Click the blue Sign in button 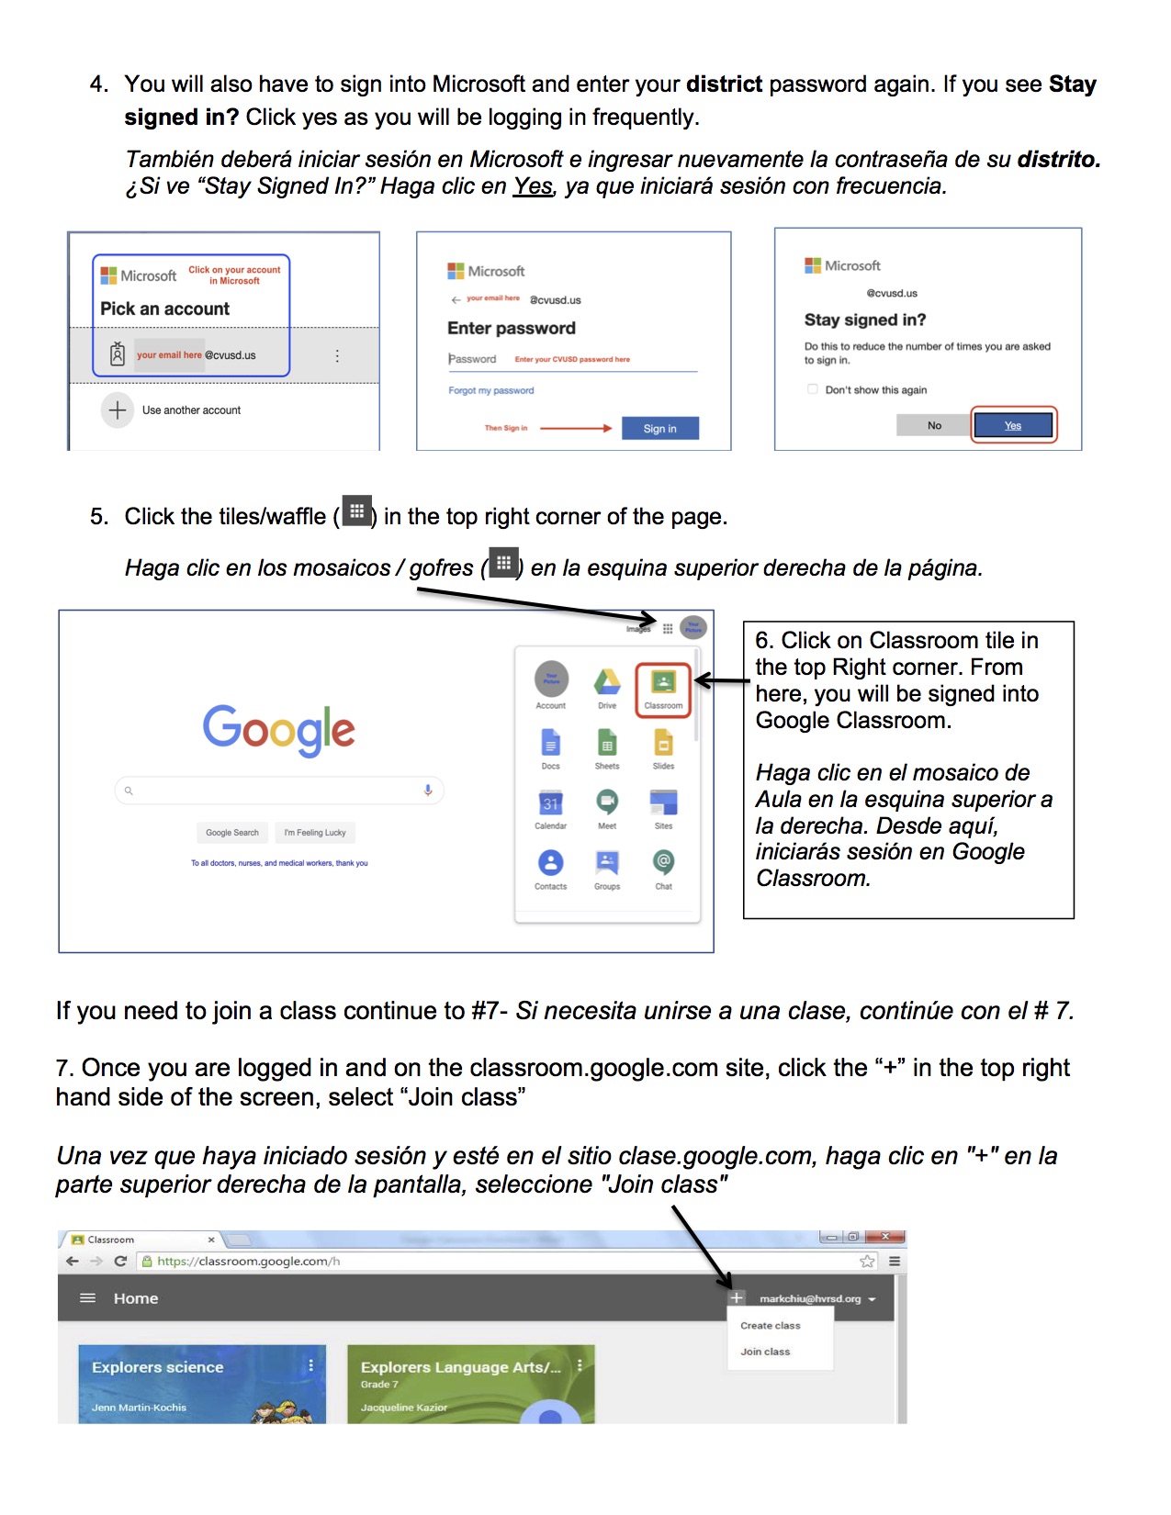pos(659,429)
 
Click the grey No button pos(934,425)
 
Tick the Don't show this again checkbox pos(812,389)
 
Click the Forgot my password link pos(490,390)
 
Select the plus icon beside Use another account pos(118,410)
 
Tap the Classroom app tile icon pos(663,682)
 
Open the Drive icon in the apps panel pos(607,682)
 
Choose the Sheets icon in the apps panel pos(607,742)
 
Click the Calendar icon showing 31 pos(550,802)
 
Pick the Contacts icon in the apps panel pos(550,863)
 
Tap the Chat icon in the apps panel pos(663,862)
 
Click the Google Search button pos(232,833)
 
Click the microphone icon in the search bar pos(428,791)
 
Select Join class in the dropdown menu pos(765,1352)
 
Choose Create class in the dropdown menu pos(770,1326)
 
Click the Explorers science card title pos(158,1367)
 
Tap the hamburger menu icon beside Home pos(88,1298)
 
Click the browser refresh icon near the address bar pos(120,1262)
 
